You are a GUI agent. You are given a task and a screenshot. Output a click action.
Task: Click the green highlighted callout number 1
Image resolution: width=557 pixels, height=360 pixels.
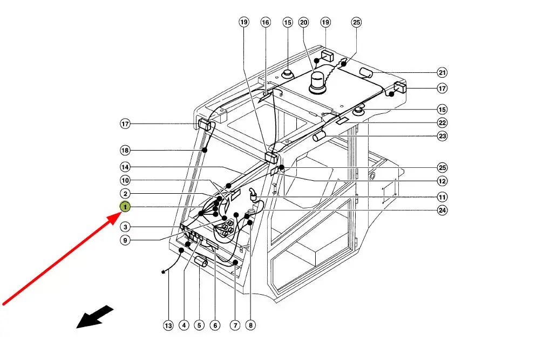tap(125, 207)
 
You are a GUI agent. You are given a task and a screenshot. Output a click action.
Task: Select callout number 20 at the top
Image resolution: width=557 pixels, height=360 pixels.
tap(304, 22)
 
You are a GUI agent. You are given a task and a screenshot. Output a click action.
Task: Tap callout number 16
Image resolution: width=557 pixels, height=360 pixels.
tap(265, 22)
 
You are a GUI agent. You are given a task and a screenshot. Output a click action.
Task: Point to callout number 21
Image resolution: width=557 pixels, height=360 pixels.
tap(443, 72)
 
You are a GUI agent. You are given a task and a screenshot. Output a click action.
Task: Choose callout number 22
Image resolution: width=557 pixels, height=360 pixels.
tap(443, 123)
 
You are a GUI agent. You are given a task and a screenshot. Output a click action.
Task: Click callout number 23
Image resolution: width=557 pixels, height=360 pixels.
tap(443, 136)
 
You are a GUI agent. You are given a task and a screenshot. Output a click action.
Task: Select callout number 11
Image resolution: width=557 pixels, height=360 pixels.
tap(443, 197)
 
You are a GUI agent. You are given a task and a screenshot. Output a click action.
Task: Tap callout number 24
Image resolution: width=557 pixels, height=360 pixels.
tap(443, 210)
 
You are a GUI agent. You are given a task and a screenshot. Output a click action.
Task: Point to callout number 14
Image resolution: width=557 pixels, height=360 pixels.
tap(125, 167)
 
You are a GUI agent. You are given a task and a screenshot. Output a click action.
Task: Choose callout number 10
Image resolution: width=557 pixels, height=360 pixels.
tap(125, 180)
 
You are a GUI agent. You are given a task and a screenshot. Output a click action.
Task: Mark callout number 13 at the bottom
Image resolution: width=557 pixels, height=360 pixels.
tap(168, 325)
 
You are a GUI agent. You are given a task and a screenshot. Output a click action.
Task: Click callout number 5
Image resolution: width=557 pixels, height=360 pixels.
tap(200, 325)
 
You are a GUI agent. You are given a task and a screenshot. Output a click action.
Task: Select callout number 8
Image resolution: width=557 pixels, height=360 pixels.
tap(250, 325)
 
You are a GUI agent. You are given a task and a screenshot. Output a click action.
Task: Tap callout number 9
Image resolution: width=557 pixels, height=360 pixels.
tap(125, 241)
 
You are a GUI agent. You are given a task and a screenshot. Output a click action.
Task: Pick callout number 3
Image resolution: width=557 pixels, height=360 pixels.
tap(125, 227)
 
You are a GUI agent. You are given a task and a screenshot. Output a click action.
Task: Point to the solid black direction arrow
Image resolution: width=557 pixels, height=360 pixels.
tap(95, 317)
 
